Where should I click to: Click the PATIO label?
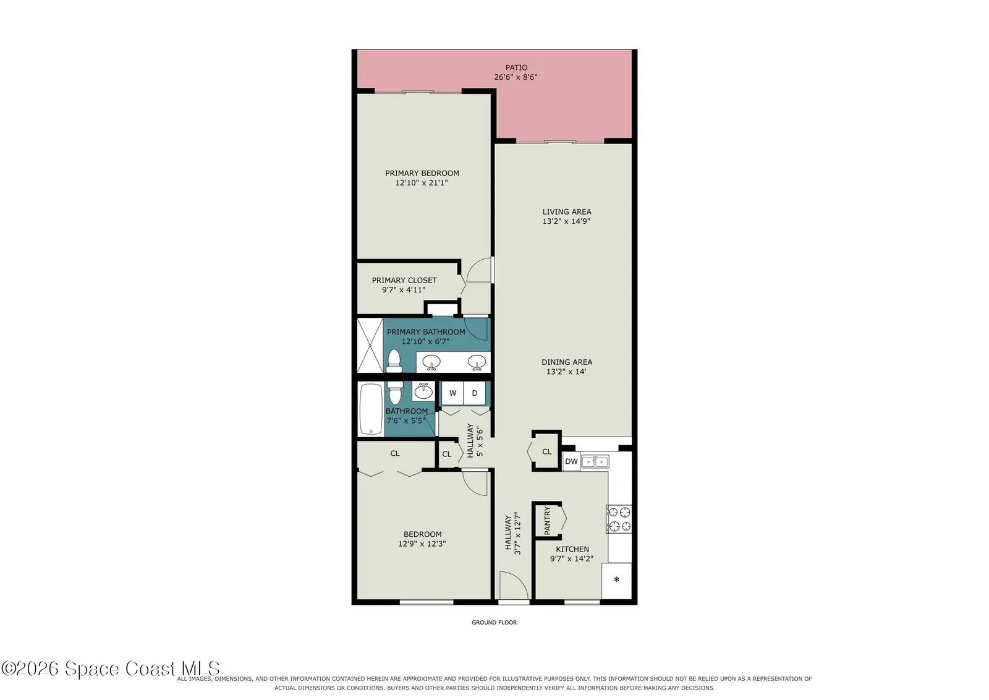(x=516, y=67)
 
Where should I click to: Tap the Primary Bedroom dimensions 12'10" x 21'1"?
(x=422, y=183)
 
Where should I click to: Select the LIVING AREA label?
(x=567, y=212)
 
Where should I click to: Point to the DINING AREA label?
(x=567, y=362)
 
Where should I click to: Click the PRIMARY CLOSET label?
(x=404, y=281)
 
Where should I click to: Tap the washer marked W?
(x=452, y=393)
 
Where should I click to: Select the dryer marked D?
(x=475, y=393)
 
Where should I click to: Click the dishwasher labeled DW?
(x=571, y=461)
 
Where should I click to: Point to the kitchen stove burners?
(x=619, y=519)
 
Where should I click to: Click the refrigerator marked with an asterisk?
(x=617, y=580)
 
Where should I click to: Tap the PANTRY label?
(x=548, y=521)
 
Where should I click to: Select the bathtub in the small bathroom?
(x=371, y=409)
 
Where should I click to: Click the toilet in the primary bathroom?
(x=393, y=361)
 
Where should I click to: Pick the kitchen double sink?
(x=595, y=461)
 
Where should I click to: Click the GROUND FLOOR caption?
(x=494, y=622)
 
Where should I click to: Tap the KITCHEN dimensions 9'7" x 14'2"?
(x=572, y=558)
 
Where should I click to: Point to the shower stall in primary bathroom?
(x=370, y=346)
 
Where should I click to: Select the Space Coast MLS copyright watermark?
(x=111, y=668)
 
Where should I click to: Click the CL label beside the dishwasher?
(x=546, y=452)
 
